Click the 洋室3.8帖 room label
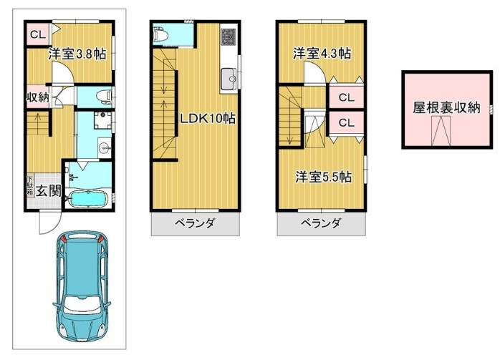tap(77, 54)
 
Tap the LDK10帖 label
tap(208, 119)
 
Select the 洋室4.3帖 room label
tap(322, 53)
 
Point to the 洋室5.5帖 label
tap(323, 177)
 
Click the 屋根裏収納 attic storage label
tap(446, 108)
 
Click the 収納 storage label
tap(38, 97)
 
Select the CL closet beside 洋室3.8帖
tap(38, 34)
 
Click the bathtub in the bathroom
tap(88, 199)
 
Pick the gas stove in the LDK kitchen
tap(229, 37)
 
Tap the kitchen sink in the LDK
tap(229, 79)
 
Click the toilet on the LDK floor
tap(160, 34)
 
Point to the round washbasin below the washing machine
tap(104, 147)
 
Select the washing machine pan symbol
tap(102, 120)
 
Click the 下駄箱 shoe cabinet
tap(30, 185)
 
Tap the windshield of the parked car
tap(82, 306)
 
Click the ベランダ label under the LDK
tap(195, 223)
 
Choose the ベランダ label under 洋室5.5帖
tap(321, 223)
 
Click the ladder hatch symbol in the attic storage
tap(441, 131)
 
